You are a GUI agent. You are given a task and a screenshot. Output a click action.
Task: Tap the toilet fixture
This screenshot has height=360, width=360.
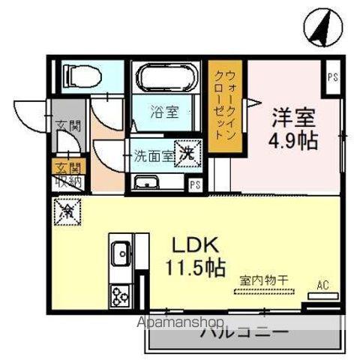82,76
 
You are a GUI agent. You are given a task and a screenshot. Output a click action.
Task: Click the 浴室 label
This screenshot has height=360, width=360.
164,113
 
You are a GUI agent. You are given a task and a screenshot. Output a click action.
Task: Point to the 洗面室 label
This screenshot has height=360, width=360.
154,157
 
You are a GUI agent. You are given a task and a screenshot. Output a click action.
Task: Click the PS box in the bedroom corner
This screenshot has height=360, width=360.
331,76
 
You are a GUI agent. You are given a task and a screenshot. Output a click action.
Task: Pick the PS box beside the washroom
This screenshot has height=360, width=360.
195,184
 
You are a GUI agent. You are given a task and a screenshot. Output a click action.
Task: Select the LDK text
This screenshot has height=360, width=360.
196,247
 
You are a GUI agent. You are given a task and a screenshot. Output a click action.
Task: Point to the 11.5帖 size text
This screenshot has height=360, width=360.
196,268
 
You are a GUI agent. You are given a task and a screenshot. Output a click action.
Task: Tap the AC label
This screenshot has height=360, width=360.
323,285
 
